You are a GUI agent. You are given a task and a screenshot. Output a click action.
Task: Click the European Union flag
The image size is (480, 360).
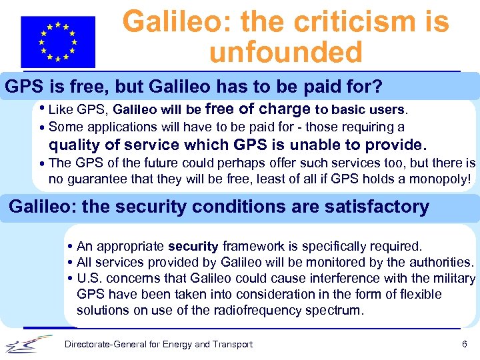click(58, 42)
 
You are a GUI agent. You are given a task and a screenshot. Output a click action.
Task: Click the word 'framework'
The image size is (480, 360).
click(253, 247)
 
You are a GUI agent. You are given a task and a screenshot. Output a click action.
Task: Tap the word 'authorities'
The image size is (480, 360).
click(438, 262)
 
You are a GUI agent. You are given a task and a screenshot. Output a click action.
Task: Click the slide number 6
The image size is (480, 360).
click(464, 344)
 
